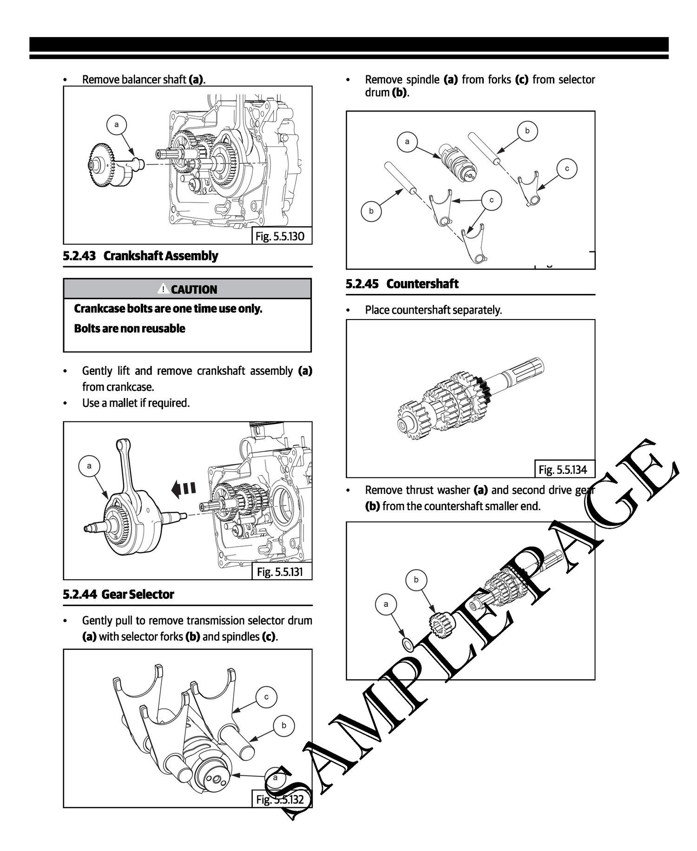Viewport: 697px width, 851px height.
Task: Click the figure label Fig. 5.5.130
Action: (x=280, y=236)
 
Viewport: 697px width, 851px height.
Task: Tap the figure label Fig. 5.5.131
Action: (x=280, y=571)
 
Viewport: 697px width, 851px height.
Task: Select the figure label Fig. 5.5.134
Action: (x=563, y=470)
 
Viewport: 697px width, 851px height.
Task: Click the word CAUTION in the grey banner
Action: (x=194, y=290)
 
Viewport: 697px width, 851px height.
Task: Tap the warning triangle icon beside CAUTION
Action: (x=164, y=289)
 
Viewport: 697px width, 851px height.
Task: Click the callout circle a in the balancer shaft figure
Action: (x=117, y=124)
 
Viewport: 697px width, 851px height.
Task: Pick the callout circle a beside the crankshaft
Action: (x=89, y=465)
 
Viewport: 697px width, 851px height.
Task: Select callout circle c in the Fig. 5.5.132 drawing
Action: (x=267, y=697)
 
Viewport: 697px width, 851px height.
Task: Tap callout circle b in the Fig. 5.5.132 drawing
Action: (x=284, y=725)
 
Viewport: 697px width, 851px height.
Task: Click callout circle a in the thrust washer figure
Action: (x=386, y=604)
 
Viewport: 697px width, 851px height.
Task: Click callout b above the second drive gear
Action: (x=416, y=579)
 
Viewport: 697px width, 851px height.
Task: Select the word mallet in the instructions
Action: (x=122, y=403)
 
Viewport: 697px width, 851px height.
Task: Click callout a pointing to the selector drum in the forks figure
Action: (x=408, y=141)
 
